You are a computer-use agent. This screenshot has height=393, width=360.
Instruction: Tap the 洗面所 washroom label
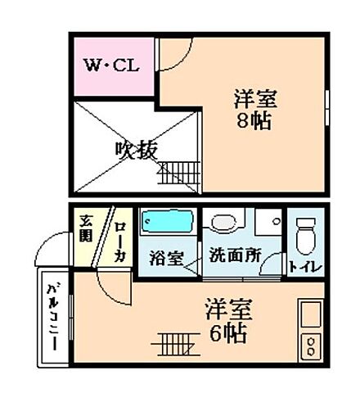point(235,255)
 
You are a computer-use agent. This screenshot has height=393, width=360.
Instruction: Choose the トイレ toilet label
point(305,265)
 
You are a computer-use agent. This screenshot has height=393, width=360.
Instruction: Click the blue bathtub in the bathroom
point(166,222)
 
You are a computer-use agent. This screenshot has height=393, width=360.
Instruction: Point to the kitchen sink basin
point(312,315)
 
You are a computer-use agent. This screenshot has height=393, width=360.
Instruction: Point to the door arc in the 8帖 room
point(173,55)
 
